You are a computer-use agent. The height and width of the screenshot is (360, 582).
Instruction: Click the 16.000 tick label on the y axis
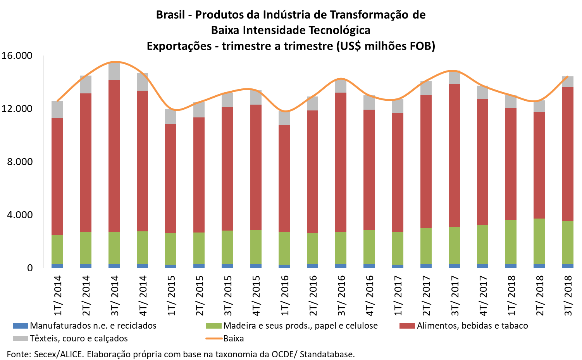17,56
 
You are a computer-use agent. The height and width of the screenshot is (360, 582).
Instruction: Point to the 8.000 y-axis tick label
20,162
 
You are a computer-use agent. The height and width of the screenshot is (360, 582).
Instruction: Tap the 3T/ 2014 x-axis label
115,296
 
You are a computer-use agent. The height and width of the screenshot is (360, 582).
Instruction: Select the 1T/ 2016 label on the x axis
285,296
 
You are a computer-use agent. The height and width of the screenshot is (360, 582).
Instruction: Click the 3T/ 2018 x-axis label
568,296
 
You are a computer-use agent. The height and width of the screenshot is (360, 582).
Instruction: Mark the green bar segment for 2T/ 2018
539,241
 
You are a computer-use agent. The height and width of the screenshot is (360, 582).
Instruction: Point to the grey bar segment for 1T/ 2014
57,109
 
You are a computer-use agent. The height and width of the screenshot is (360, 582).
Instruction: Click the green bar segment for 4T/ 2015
256,247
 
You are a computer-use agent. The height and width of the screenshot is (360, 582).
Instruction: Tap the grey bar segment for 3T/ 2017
455,78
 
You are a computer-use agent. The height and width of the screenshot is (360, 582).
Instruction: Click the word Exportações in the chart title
179,46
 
